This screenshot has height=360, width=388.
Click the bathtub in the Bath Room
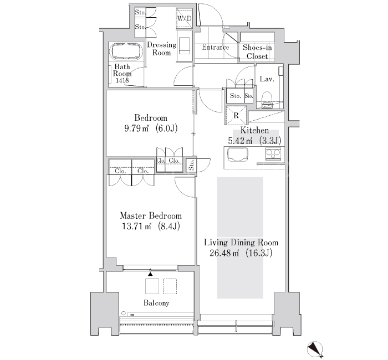[x=127, y=52]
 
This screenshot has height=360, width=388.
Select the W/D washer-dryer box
[x=185, y=18]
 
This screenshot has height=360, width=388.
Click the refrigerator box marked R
[x=236, y=115]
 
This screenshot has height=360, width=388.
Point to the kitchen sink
[x=238, y=155]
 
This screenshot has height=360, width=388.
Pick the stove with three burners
[x=273, y=154]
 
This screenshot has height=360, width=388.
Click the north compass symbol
[x=315, y=349]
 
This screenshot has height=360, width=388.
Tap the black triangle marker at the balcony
[x=150, y=274]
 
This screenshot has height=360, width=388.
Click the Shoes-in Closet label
[x=257, y=52]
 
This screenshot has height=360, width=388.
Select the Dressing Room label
[x=162, y=49]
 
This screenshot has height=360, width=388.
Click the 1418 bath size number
[x=122, y=80]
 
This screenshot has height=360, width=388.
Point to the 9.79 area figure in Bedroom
[x=136, y=128]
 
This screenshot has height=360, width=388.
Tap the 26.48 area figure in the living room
[x=224, y=253]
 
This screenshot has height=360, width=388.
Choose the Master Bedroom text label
[x=151, y=215]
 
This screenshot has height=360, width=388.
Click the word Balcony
[x=156, y=303]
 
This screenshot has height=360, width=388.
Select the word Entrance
[x=216, y=47]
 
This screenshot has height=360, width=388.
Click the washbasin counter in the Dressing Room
[x=185, y=45]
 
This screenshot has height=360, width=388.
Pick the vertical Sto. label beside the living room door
[x=192, y=164]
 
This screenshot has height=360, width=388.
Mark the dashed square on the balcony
[x=170, y=286]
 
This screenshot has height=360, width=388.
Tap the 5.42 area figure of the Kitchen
[x=240, y=141]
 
